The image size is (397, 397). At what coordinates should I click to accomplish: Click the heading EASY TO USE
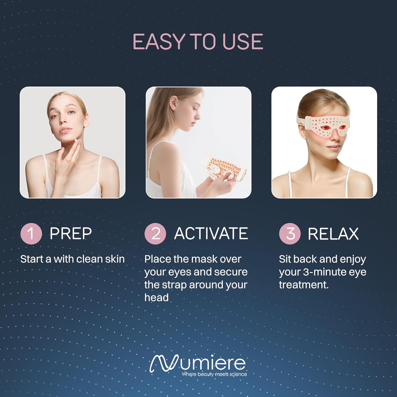click(198, 42)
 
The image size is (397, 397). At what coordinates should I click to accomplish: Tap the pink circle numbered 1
click(31, 233)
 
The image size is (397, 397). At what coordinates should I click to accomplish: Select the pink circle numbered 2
click(155, 233)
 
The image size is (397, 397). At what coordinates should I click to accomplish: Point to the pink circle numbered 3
click(290, 233)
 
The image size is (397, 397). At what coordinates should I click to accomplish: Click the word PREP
click(71, 233)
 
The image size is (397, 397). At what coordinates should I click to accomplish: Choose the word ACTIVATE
click(211, 233)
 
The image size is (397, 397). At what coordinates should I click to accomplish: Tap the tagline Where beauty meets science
click(214, 374)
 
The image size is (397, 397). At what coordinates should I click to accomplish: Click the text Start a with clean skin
click(73, 259)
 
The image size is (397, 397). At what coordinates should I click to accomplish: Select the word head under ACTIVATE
click(156, 297)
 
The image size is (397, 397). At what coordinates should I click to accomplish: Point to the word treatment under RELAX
click(304, 285)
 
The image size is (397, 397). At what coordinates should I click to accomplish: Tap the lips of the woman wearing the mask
click(333, 147)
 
